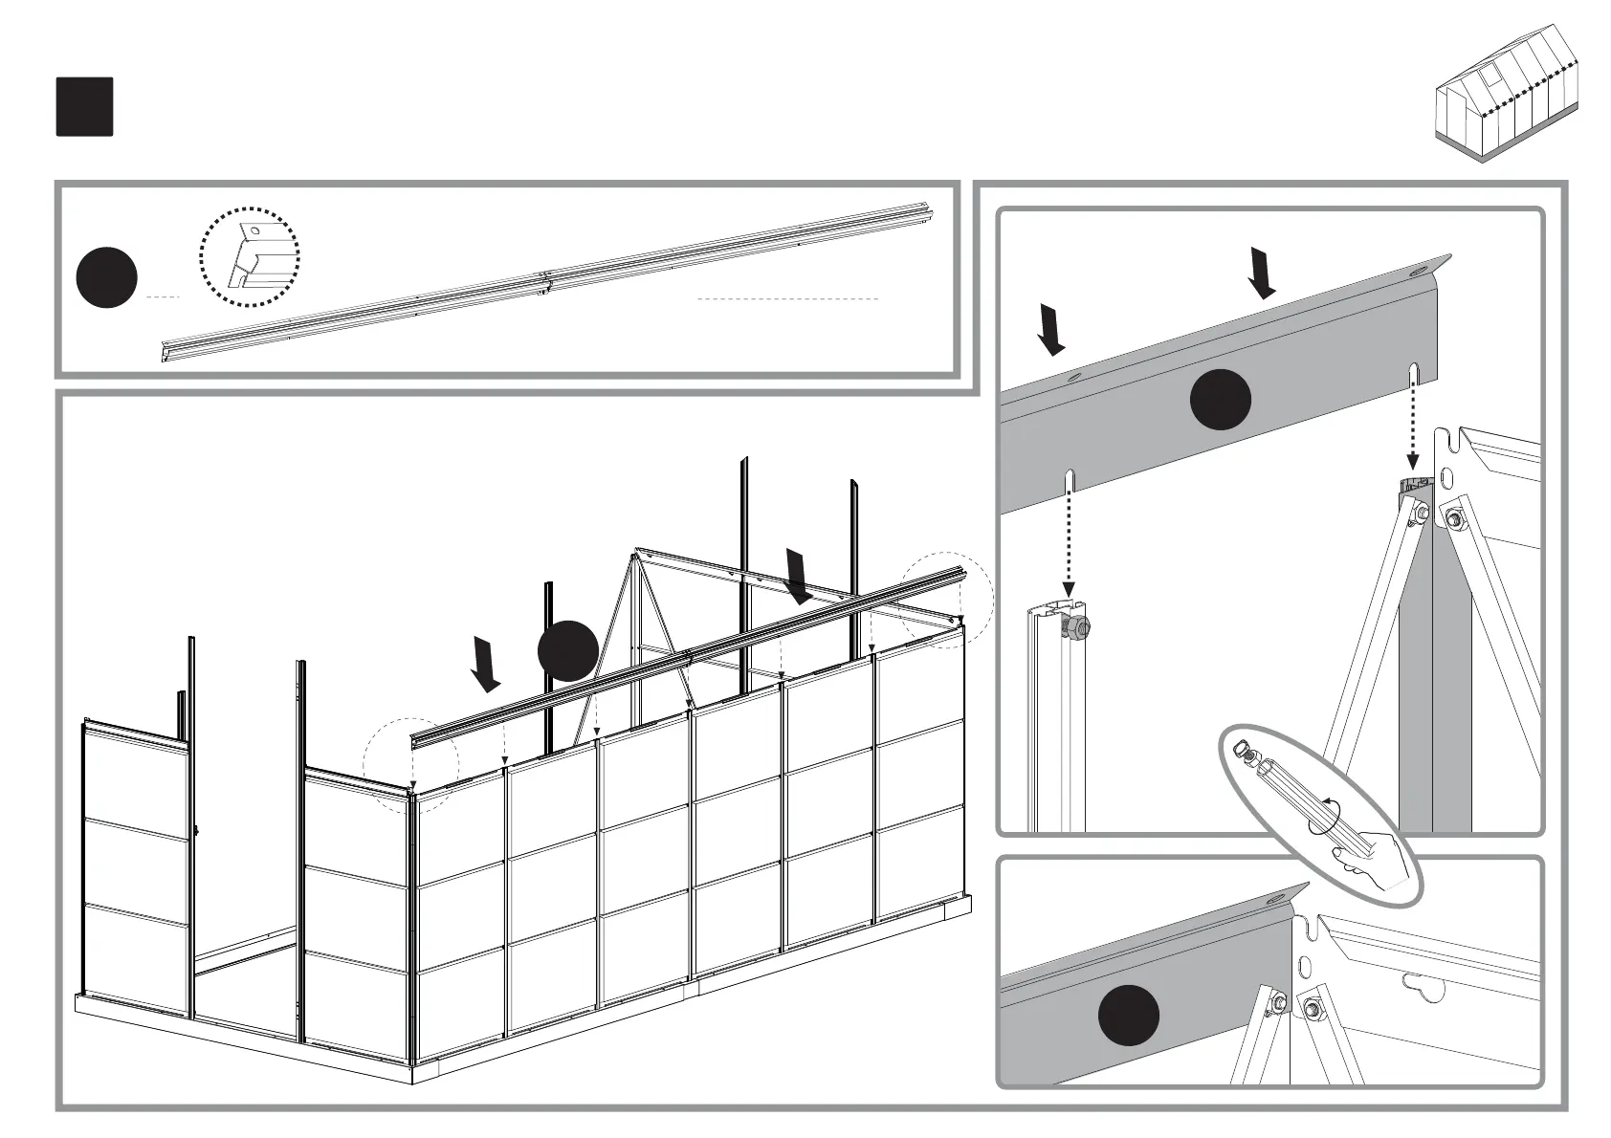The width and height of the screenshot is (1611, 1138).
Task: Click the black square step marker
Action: pos(84,106)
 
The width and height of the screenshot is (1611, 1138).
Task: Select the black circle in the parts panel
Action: pos(107,277)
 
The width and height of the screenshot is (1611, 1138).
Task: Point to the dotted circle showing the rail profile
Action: pos(249,256)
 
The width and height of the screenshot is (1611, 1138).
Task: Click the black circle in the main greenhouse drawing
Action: pos(568,650)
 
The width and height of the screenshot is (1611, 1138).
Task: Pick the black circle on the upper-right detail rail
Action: pos(1221,400)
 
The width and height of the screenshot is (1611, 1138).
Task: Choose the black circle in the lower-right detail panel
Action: pos(1128,1015)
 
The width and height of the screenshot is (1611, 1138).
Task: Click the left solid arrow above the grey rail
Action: pos(1051,329)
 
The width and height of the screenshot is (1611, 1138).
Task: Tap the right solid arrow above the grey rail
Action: pos(1262,272)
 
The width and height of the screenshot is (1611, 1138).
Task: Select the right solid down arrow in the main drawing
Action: pos(798,576)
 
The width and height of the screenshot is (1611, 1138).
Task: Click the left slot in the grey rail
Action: pos(1070,479)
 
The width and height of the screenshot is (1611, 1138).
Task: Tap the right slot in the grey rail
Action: pos(1413,373)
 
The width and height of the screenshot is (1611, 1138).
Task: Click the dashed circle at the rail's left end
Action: pos(411,766)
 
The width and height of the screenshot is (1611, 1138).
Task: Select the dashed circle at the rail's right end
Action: pos(946,600)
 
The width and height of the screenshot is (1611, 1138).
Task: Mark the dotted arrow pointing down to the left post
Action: pos(1069,545)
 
